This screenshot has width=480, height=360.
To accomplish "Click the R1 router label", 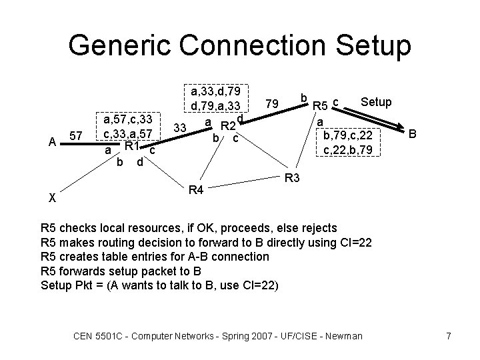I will coord(131,147).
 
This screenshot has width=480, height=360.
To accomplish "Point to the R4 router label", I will coord(195,191).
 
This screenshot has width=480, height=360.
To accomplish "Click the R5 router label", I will coord(321,105).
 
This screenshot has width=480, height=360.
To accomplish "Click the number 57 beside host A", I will coord(76,136).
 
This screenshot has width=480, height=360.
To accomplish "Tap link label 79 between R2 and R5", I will coord(271,105).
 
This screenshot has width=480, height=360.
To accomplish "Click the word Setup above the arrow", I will coord(376,102).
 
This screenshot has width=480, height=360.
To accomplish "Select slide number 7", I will coord(449,335).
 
